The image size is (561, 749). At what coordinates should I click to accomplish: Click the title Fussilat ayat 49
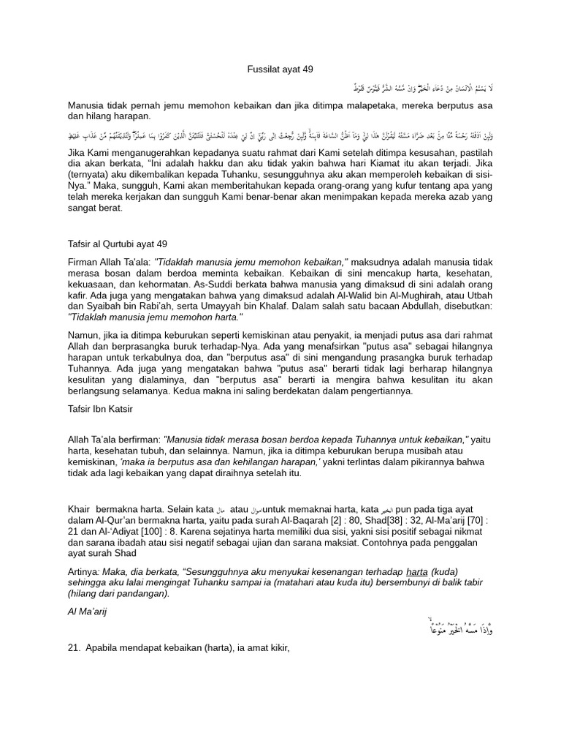pos(278,69)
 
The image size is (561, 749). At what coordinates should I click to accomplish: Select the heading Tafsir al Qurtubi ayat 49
pos(118,244)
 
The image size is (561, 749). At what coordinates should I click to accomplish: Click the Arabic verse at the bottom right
pos(459,627)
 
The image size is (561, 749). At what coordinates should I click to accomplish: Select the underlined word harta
pos(416,571)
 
